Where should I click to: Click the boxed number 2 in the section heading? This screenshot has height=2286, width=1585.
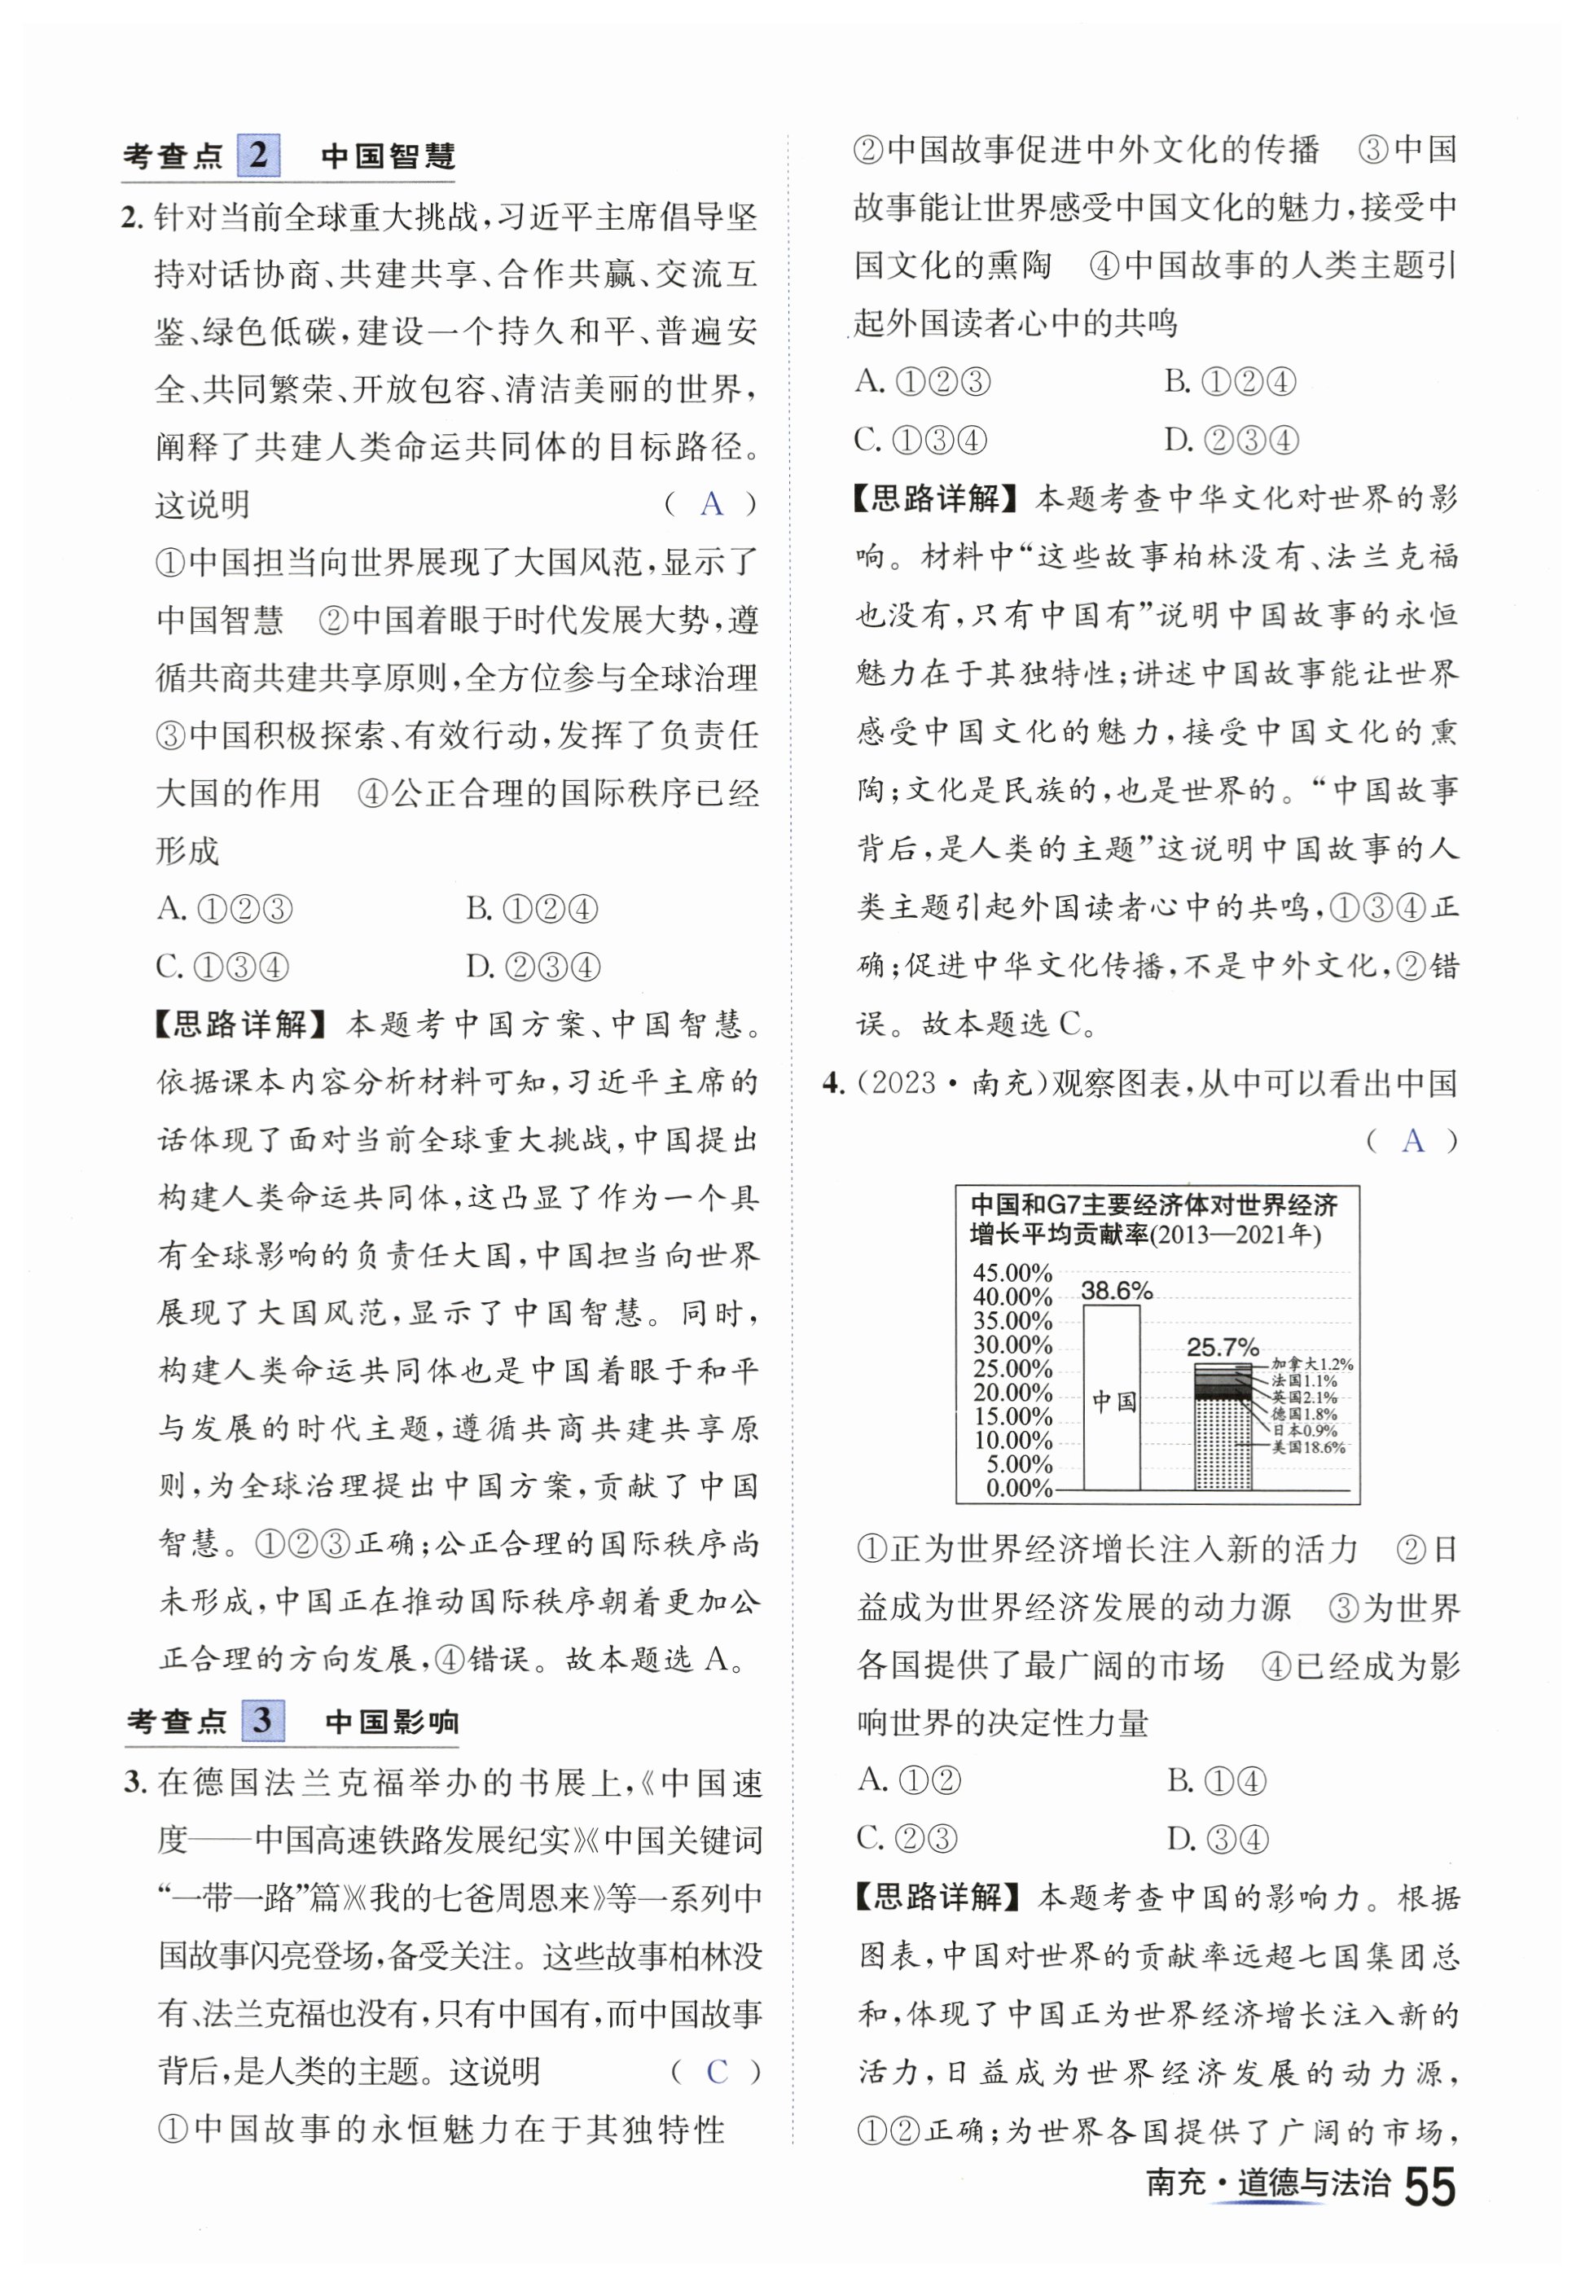[258, 156]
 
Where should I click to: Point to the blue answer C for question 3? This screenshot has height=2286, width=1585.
[717, 2072]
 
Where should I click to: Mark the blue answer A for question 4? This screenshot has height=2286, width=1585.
[1412, 1141]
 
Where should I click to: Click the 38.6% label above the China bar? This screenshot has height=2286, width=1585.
[1116, 1290]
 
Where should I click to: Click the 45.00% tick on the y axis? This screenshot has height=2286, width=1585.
[1012, 1272]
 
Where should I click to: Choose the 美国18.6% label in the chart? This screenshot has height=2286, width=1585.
[1308, 1447]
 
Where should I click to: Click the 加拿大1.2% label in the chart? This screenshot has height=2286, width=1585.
[1311, 1363]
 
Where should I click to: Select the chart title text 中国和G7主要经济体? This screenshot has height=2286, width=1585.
[1153, 1205]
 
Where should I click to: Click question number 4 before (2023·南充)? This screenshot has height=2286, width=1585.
[833, 1082]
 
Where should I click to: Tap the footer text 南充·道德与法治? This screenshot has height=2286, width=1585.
[1267, 2183]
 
